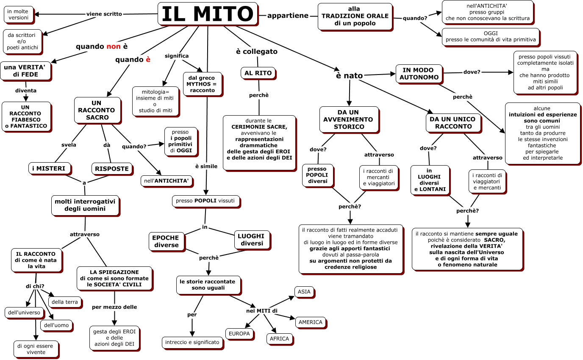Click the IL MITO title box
pos(208,14)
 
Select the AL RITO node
pos(258,73)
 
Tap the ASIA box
pos(304,292)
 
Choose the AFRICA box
pos(279,339)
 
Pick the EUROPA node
pos(239,333)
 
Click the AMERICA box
pos(311,322)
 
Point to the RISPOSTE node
pos(112,169)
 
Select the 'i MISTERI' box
pos(50,169)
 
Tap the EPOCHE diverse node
pos(166,241)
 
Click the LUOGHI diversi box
pos(251,240)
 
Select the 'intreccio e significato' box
pos(192,342)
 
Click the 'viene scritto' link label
pos(104,14)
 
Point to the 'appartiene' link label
pos(288,16)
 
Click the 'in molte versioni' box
pos(18,14)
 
